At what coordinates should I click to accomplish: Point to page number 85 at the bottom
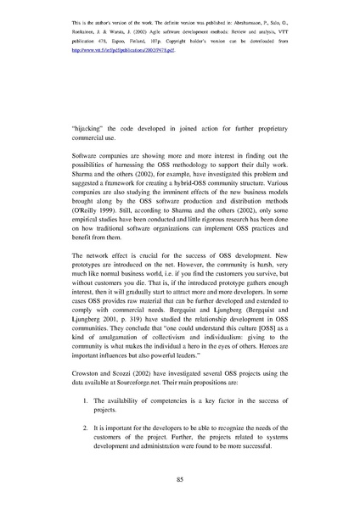pyautogui.click(x=180, y=479)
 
